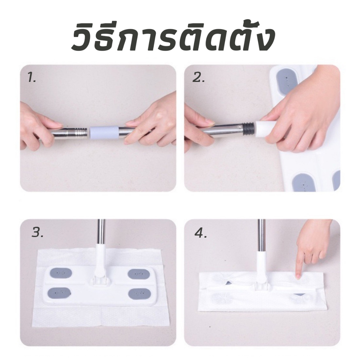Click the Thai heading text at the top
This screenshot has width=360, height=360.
(x=172, y=37)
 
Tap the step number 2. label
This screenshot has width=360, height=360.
(x=198, y=78)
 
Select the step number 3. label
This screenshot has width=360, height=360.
(x=37, y=233)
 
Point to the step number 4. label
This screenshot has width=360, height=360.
(x=201, y=233)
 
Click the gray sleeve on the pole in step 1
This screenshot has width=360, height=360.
(x=104, y=133)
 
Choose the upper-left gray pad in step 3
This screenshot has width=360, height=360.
(x=60, y=273)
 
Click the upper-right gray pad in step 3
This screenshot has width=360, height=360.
(x=139, y=273)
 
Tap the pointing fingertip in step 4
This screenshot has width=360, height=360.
(x=298, y=276)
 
